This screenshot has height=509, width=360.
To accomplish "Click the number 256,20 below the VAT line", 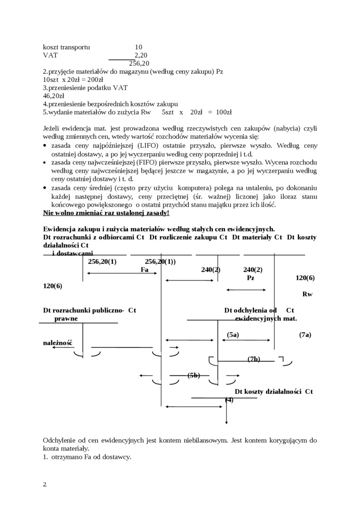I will click(139, 63).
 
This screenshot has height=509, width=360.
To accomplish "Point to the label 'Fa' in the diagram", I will click(145, 269).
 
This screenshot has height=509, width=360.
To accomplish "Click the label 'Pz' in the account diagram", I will click(251, 278).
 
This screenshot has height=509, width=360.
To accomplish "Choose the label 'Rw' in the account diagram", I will click(307, 294).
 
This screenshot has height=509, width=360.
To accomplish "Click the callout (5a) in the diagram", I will click(233, 335).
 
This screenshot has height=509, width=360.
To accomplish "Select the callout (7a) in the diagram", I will click(305, 335).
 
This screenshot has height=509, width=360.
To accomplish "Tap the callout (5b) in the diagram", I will click(194, 375).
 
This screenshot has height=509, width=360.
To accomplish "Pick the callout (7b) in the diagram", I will click(254, 359).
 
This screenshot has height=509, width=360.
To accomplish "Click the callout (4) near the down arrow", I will click(229, 400).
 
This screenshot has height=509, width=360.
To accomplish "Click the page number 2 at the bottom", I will click(45, 484).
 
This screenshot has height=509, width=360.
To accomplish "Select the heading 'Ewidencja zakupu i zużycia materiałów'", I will click(158, 229).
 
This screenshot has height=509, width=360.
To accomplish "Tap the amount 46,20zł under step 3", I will click(54, 96).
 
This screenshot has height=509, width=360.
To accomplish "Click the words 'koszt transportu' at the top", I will click(66, 47).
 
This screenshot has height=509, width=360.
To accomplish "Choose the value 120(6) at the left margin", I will click(53, 286).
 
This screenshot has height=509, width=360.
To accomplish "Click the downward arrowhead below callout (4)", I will click(227, 421).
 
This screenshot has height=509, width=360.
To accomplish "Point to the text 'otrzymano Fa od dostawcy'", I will click(90, 457).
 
